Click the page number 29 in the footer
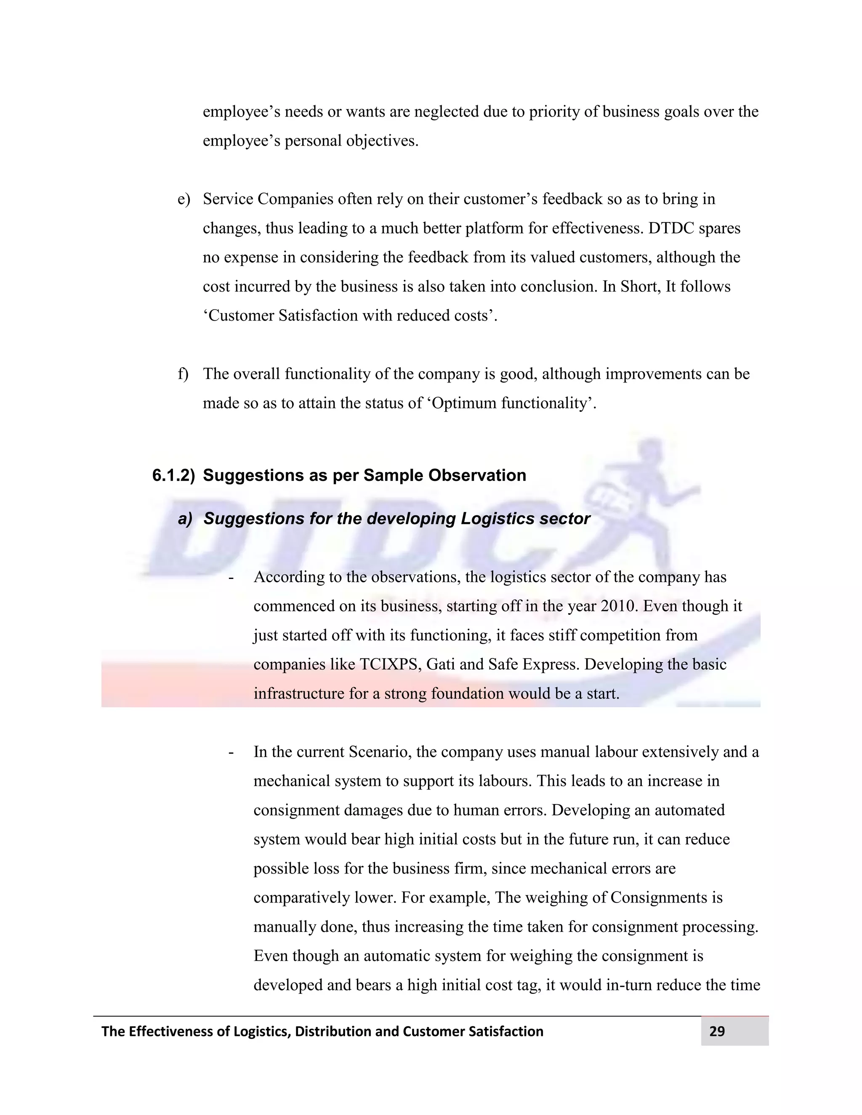click(x=716, y=1031)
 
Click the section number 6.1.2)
click(x=173, y=475)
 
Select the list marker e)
click(x=184, y=199)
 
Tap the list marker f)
click(x=183, y=374)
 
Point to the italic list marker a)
click(x=185, y=519)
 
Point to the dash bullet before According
click(x=232, y=577)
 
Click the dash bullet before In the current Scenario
click(x=232, y=752)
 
